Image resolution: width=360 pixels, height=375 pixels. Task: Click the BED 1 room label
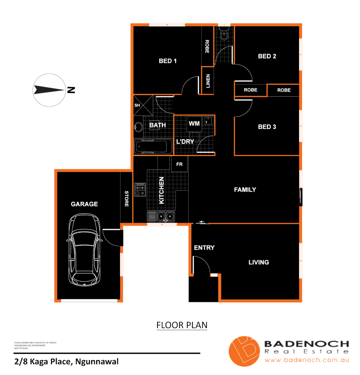tap(168, 61)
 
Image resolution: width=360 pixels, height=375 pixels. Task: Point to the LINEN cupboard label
tap(207, 81)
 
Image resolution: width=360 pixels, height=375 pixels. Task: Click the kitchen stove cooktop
tap(140, 189)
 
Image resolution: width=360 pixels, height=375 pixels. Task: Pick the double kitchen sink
tap(165, 217)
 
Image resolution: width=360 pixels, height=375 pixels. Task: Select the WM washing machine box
tap(194, 124)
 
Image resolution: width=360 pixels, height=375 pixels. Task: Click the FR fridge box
tap(179, 164)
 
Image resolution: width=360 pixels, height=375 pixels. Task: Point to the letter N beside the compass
tap(71, 90)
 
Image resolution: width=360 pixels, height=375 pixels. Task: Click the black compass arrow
tap(49, 90)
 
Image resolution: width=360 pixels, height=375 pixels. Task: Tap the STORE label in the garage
tap(126, 199)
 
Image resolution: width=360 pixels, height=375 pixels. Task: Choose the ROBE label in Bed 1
tap(207, 46)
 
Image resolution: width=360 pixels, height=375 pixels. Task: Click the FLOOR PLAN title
tap(182, 325)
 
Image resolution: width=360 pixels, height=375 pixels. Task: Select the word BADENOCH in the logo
tap(306, 344)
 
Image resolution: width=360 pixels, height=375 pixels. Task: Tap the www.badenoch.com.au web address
tap(307, 360)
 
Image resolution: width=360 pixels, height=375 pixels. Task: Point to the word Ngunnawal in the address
tap(97, 362)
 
